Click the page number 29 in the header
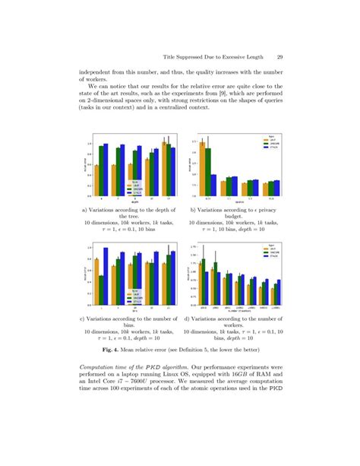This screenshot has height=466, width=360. point(281,57)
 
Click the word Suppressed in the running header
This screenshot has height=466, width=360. point(200,57)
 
